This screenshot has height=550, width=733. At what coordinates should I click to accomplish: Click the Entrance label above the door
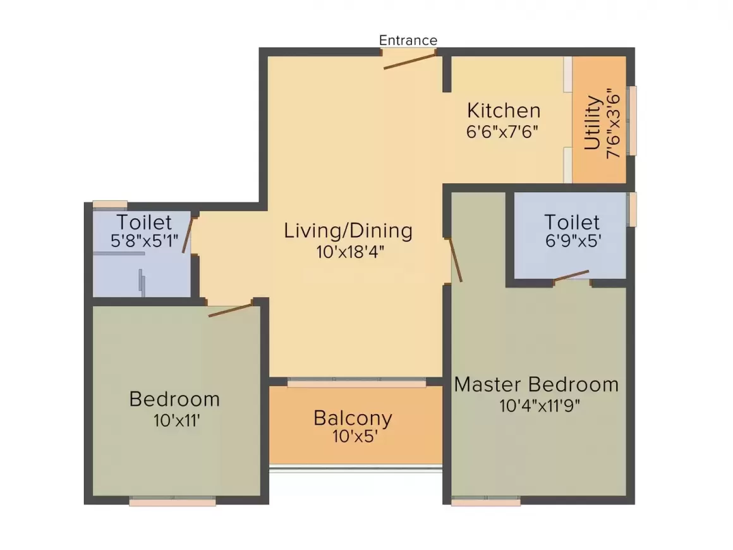408,40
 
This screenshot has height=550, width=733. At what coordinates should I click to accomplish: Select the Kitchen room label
504,111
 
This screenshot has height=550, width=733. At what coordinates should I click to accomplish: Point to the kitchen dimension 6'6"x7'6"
502,132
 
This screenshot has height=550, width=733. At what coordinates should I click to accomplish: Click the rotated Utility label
592,123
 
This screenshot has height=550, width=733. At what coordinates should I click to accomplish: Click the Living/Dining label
348,231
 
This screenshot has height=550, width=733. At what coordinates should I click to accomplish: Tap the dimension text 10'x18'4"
349,252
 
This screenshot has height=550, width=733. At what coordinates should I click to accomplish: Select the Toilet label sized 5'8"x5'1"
144,222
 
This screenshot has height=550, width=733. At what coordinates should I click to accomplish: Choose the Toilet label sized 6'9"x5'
572,222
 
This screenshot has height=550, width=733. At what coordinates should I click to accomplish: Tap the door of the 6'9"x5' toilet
571,276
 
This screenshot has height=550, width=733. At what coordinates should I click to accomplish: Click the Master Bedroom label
536,384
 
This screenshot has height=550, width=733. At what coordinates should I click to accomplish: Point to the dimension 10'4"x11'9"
540,405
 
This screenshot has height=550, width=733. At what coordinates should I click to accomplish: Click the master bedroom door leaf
456,260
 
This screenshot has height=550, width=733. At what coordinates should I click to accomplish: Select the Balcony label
353,418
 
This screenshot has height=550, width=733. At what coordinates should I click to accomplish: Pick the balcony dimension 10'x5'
355,437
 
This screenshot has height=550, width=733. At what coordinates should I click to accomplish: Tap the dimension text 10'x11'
177,421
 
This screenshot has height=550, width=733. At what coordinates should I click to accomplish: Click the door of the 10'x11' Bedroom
230,310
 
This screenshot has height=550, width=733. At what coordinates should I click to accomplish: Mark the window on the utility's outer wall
632,121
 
